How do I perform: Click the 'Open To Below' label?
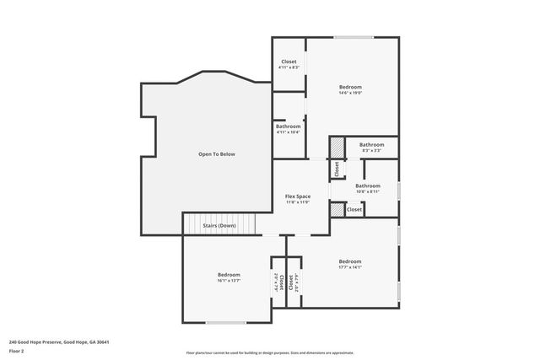coord(217,154)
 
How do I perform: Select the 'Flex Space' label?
coord(298,196)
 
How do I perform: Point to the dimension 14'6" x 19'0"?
coord(350,93)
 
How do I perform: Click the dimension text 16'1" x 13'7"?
coord(229,281)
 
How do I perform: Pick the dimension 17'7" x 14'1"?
coord(350,267)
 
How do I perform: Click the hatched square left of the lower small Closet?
coord(337,210)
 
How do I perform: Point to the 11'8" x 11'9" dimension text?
coord(298,202)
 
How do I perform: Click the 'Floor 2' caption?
coord(16,351)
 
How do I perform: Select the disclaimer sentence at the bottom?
coord(269,353)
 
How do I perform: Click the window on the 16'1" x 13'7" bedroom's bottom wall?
coord(226,322)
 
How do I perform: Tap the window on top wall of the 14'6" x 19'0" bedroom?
coord(353,37)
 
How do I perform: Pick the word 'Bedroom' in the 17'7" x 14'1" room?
coord(350,261)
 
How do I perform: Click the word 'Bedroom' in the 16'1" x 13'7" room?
coord(229,275)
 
